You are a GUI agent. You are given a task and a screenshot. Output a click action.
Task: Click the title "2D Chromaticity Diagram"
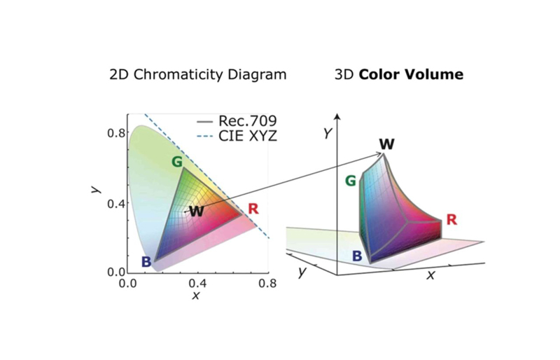[198, 74]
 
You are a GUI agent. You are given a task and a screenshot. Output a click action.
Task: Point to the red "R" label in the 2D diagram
[253, 208]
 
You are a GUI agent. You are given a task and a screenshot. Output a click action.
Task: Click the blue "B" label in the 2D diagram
[146, 262]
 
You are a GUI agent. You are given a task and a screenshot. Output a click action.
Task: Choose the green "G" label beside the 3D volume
[351, 182]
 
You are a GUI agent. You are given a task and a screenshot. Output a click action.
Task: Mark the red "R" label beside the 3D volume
[451, 220]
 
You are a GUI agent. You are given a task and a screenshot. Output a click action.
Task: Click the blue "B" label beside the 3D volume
[357, 256]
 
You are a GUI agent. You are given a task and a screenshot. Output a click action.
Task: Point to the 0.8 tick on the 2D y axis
[117, 133]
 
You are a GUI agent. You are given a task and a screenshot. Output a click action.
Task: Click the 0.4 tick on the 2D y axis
[117, 203]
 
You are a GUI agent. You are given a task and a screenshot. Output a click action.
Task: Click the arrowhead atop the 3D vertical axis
[337, 116]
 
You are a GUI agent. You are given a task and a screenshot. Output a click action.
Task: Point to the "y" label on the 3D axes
[302, 272]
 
